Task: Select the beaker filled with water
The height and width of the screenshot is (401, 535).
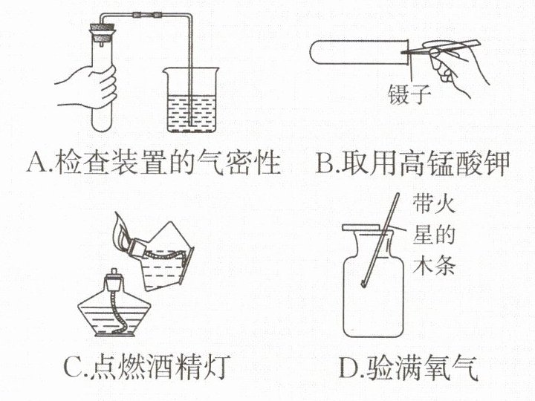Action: pos(191,100)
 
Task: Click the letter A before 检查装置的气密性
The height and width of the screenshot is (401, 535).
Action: pos(38,163)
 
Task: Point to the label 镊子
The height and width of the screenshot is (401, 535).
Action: pos(409,94)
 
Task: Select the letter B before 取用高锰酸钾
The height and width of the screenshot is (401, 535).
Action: pos(326,163)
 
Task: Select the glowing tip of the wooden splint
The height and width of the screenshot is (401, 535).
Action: pos(363,283)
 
